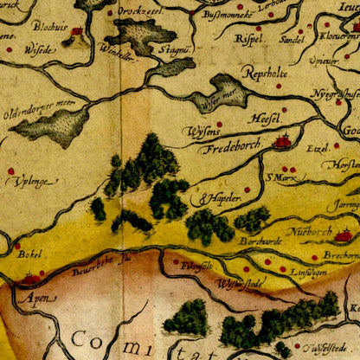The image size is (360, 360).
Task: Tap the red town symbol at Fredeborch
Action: pos(282,140)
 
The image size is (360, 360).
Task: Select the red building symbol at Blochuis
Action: pos(76,33)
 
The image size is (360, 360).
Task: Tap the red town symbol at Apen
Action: pos(32,279)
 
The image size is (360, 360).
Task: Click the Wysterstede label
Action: pos(238,282)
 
